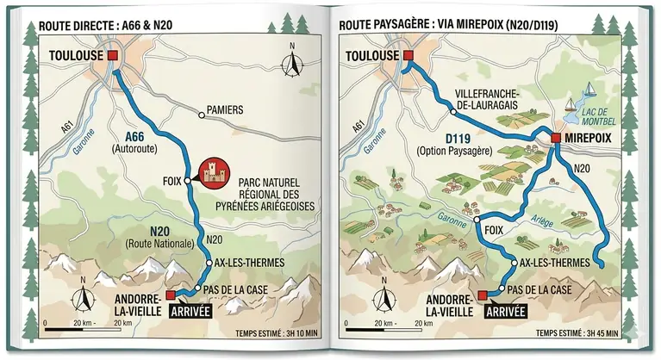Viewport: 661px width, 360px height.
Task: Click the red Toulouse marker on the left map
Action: click(111, 56)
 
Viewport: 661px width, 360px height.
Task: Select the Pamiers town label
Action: click(225, 111)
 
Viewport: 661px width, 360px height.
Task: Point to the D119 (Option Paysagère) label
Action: click(453, 144)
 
